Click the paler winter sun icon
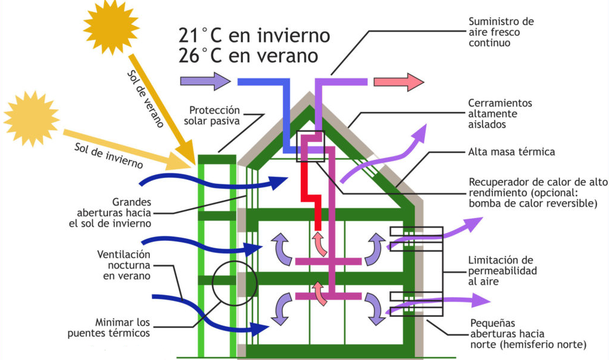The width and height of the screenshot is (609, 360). point(31,119)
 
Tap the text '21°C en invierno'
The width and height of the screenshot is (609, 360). point(254,35)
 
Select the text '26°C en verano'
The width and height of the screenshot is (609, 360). point(248,56)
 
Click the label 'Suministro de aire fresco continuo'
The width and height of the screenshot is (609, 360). point(501,32)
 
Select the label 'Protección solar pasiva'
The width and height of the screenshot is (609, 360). point(214,115)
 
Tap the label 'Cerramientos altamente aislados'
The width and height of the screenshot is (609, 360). point(500,114)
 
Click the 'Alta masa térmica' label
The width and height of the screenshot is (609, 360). point(511,152)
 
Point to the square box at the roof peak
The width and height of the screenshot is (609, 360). point(310,146)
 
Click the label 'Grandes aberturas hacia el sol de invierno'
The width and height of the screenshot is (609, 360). point(114,212)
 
